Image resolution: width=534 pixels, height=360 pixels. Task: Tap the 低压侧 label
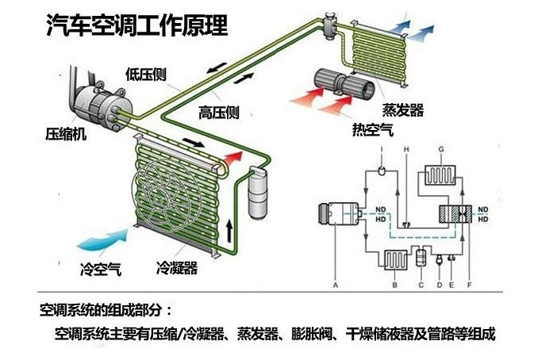tap(145, 74)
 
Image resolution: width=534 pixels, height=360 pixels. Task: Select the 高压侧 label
tap(219, 113)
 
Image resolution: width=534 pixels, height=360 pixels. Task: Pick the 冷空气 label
tap(101, 268)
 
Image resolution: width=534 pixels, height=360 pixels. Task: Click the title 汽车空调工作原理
tap(136, 27)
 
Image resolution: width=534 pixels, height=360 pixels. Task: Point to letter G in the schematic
tap(440, 148)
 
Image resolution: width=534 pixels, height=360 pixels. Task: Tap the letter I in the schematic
tap(382, 148)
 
